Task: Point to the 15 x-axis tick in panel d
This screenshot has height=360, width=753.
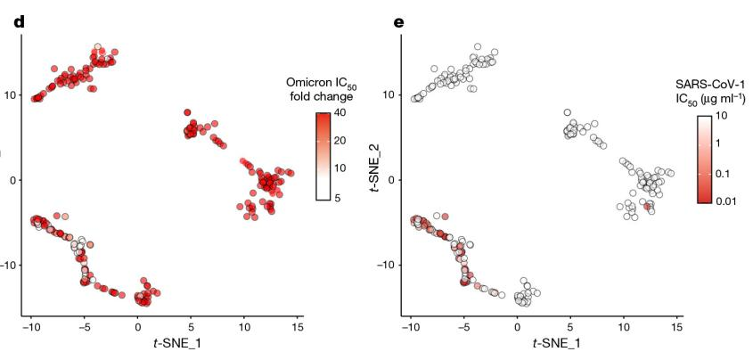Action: click(x=299, y=327)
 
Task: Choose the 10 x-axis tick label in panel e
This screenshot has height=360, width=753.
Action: click(x=624, y=327)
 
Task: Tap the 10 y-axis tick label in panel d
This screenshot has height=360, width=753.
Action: click(x=9, y=94)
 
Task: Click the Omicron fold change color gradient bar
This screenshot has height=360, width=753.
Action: click(x=325, y=156)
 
